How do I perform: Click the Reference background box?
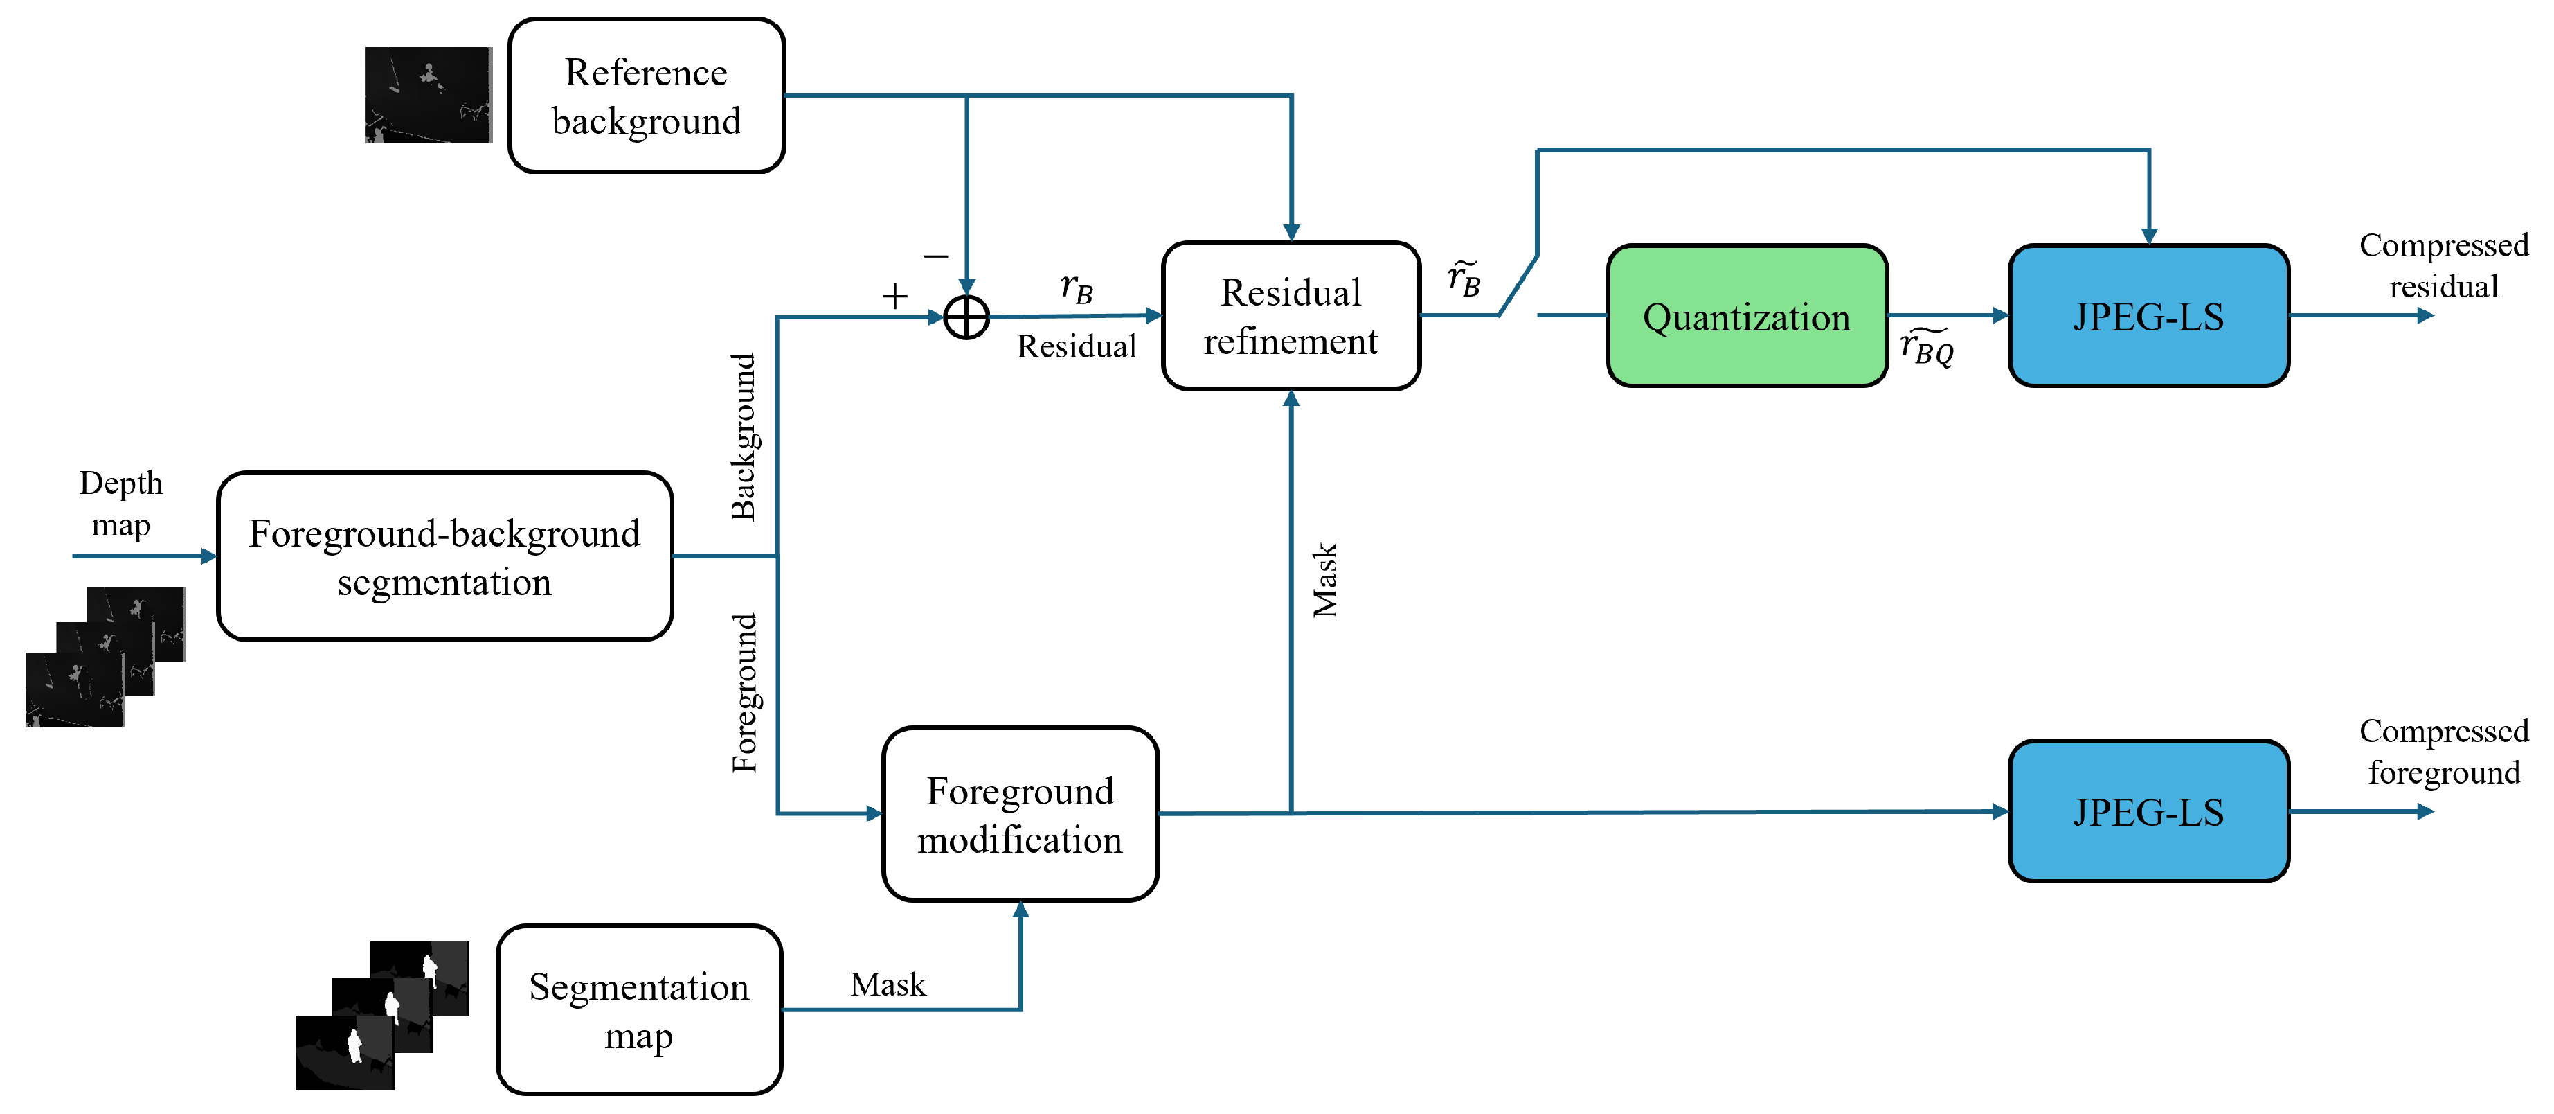tap(647, 95)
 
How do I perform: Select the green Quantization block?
tap(1747, 315)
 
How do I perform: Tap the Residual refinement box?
tap(1291, 315)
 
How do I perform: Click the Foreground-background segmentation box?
tap(445, 556)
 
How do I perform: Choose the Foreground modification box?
tap(1020, 813)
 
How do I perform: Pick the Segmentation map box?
tap(640, 1010)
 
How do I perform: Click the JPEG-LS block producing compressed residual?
tap(2148, 315)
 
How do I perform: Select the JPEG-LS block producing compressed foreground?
tap(2148, 811)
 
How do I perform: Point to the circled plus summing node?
tap(966, 317)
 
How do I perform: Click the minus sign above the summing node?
tap(936, 257)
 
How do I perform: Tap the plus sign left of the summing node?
tap(894, 296)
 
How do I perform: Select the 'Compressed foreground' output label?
tap(2443, 751)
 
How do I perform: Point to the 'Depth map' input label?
tap(121, 503)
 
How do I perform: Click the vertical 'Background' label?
tap(744, 436)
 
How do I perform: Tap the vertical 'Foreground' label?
tap(744, 692)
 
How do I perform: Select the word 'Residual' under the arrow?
tap(1077, 346)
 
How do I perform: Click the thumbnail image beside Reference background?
tap(429, 95)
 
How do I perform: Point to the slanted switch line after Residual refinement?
tap(1518, 285)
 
